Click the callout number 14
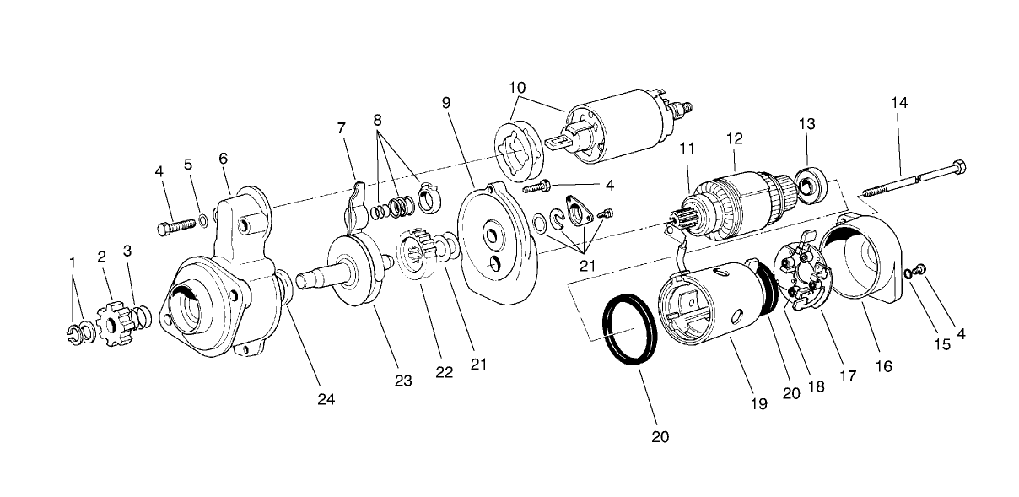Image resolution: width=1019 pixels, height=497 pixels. click(x=899, y=103)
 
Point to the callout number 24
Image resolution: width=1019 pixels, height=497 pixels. click(x=326, y=399)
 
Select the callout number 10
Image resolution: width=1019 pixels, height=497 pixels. click(x=517, y=87)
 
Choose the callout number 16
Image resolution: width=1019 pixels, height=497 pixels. click(x=883, y=366)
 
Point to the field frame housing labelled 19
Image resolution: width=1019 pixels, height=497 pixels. click(x=717, y=304)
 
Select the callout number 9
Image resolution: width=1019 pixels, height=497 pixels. click(x=446, y=103)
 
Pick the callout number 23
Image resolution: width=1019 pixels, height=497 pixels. click(x=403, y=381)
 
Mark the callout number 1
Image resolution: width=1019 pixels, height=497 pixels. click(x=73, y=263)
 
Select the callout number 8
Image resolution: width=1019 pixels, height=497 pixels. click(x=377, y=120)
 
